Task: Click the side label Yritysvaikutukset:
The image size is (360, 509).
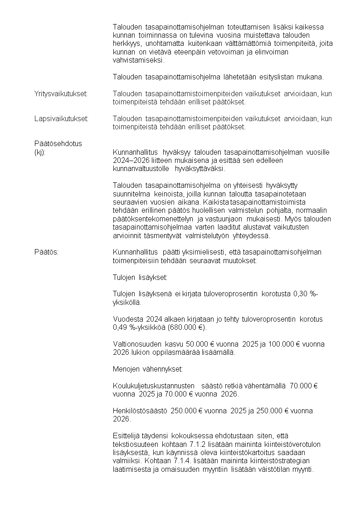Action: coord(61,93)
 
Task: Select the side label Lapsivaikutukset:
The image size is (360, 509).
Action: coord(61,119)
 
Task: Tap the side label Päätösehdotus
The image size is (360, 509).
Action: coord(58,144)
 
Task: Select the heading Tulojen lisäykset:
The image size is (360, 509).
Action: coord(140,277)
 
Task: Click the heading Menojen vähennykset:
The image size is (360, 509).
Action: coord(148,369)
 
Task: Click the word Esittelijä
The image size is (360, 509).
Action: coord(126,436)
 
